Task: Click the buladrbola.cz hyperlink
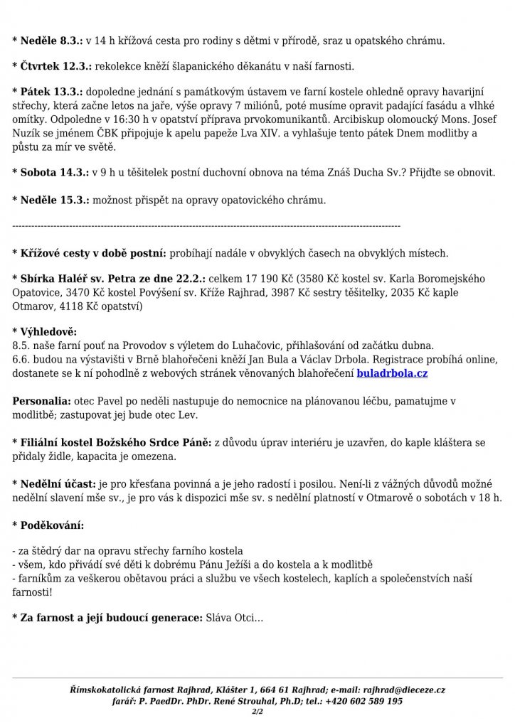click(392, 372)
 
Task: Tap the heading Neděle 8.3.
click(51, 41)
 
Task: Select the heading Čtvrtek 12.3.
click(55, 66)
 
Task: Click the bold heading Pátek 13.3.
click(51, 92)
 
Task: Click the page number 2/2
click(257, 710)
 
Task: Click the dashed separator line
click(206, 226)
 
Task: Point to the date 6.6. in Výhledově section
click(21, 359)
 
